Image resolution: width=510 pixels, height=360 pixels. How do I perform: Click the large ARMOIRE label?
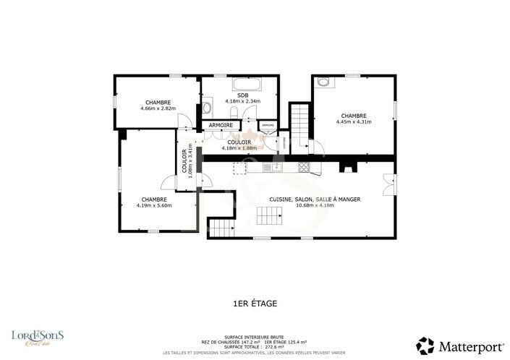click(221, 126)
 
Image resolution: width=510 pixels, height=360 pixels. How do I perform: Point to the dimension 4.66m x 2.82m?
click(158, 108)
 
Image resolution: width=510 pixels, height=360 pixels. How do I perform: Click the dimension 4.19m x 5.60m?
click(154, 205)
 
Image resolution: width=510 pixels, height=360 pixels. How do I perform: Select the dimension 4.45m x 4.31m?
click(354, 121)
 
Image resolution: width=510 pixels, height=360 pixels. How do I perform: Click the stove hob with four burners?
click(303, 168)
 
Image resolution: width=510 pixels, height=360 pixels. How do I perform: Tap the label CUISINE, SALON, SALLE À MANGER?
click(315, 199)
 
